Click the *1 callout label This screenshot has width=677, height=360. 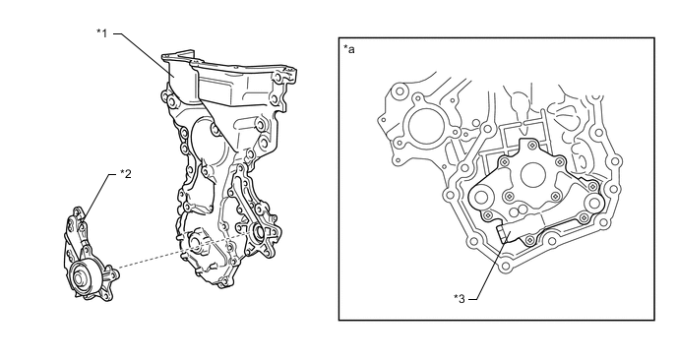point(102,32)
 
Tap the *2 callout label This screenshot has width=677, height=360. point(126,174)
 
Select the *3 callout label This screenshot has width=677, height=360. point(460,298)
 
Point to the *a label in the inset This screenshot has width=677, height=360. point(349,49)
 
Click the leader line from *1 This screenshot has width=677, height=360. point(144,55)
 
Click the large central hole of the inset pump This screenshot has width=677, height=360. point(534,175)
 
